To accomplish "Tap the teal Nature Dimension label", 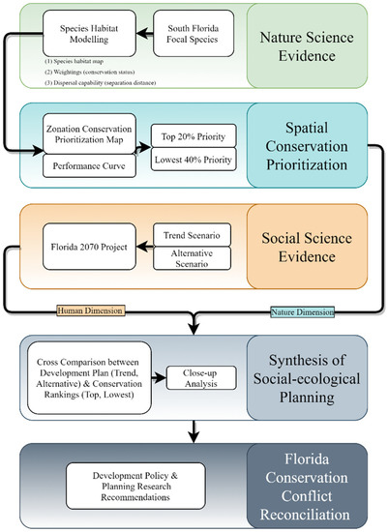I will (x=298, y=310).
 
